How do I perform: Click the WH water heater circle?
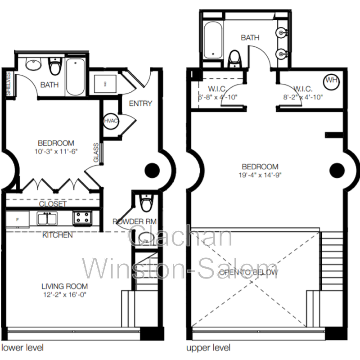pos(332,81)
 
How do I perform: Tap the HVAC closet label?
pos(110,121)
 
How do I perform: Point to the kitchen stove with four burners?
pos(82,217)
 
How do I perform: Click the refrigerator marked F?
pos(17,219)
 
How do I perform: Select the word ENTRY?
pos(140,103)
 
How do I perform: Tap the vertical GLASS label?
pos(96,153)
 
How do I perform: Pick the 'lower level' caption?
pos(23,348)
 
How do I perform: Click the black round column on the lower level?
pos(152,170)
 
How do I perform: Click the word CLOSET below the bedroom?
pos(53,204)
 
